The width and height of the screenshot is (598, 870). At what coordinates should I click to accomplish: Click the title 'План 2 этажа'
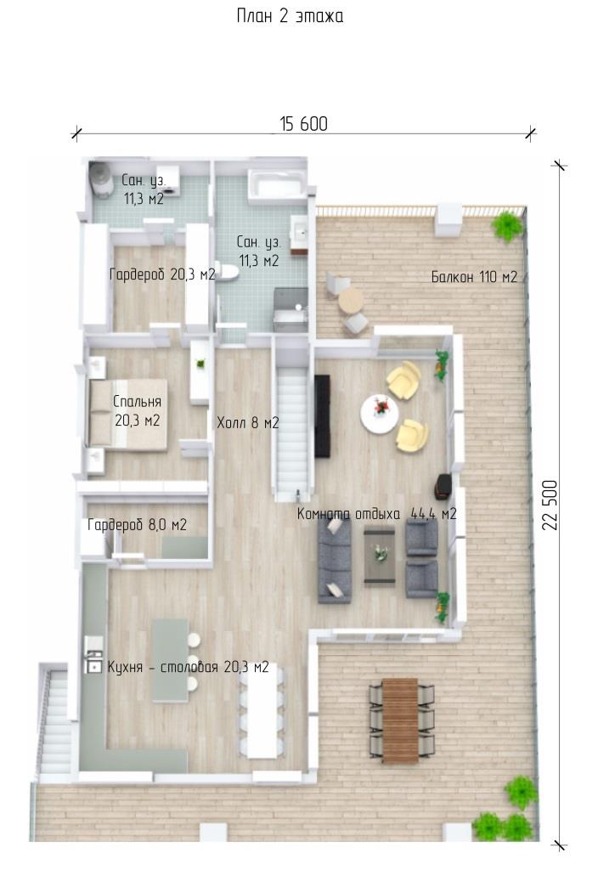pos(290,15)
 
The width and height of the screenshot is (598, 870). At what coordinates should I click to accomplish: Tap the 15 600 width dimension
pos(303,124)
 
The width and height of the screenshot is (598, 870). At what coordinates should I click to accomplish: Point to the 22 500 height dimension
pos(550,505)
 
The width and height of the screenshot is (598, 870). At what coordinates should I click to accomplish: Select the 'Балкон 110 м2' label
pos(474,276)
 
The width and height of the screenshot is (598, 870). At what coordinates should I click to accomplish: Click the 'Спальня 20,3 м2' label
pos(137,410)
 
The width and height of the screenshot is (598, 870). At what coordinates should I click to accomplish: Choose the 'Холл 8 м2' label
pos(247,423)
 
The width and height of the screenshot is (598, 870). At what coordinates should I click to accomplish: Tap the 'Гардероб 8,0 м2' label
pos(137,524)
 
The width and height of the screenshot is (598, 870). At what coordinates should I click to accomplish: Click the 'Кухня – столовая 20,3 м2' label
pos(188,666)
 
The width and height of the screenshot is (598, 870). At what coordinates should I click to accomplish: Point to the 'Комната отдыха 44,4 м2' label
pos(376,514)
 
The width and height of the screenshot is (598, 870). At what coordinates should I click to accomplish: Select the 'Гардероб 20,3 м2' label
pos(162,274)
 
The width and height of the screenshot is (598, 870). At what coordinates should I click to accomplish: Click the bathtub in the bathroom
pos(276,184)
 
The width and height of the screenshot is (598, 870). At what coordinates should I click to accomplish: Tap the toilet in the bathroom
pos(227,273)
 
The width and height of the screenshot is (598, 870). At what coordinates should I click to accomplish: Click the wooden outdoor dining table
pos(400,720)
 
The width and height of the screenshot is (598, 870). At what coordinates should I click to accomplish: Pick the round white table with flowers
pos(380,413)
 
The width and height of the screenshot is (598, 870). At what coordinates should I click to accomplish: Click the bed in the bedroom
pos(128,414)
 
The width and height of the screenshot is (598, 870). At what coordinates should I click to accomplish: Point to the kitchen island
pos(170,660)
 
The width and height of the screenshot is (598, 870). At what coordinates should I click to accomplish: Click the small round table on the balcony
pos(351,301)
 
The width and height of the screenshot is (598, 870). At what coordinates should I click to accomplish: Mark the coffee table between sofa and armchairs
pos(380,556)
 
